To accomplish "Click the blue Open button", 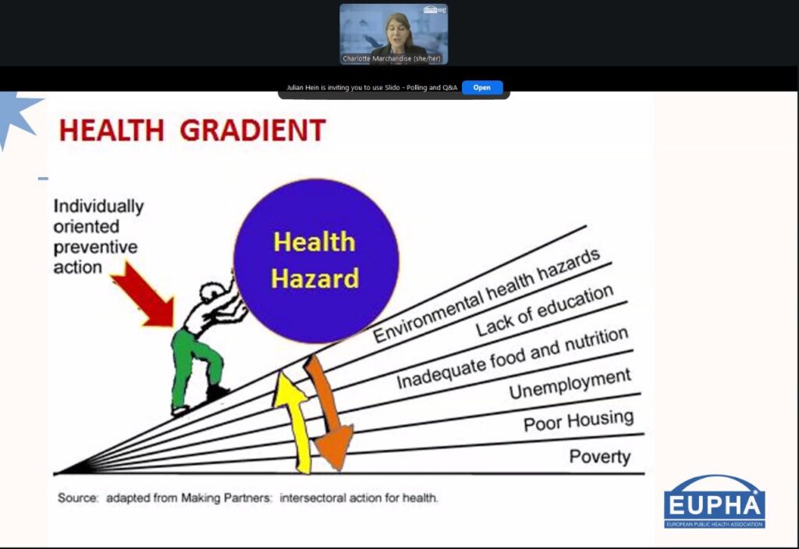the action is pyautogui.click(x=482, y=87).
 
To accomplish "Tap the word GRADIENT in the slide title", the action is pyautogui.click(x=253, y=130).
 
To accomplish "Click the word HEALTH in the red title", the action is pyautogui.click(x=112, y=130).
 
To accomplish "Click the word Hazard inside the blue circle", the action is pyautogui.click(x=315, y=279).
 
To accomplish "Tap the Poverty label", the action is pyautogui.click(x=600, y=457).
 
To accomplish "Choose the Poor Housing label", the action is pyautogui.click(x=578, y=420).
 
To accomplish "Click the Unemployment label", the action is pyautogui.click(x=570, y=384).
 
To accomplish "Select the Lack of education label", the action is pyautogui.click(x=545, y=310).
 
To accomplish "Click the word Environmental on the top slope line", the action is pyautogui.click(x=428, y=317).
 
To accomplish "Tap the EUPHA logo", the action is pyautogui.click(x=715, y=501).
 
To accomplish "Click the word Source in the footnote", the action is pyautogui.click(x=78, y=498).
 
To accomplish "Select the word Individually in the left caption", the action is pyautogui.click(x=99, y=206).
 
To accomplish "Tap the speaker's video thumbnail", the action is pyautogui.click(x=393, y=34).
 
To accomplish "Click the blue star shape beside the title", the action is pyautogui.click(x=16, y=115).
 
